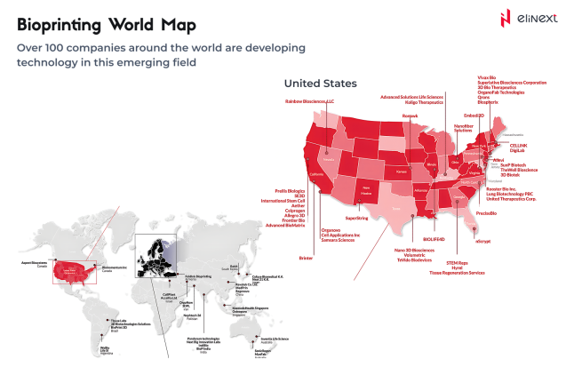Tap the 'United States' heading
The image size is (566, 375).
pos(320,84)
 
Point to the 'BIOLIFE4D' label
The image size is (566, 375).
pos(434,240)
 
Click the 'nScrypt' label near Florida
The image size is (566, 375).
pos(483,241)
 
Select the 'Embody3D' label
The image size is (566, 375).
pos(474,115)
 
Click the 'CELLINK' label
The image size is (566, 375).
pos(520,143)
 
